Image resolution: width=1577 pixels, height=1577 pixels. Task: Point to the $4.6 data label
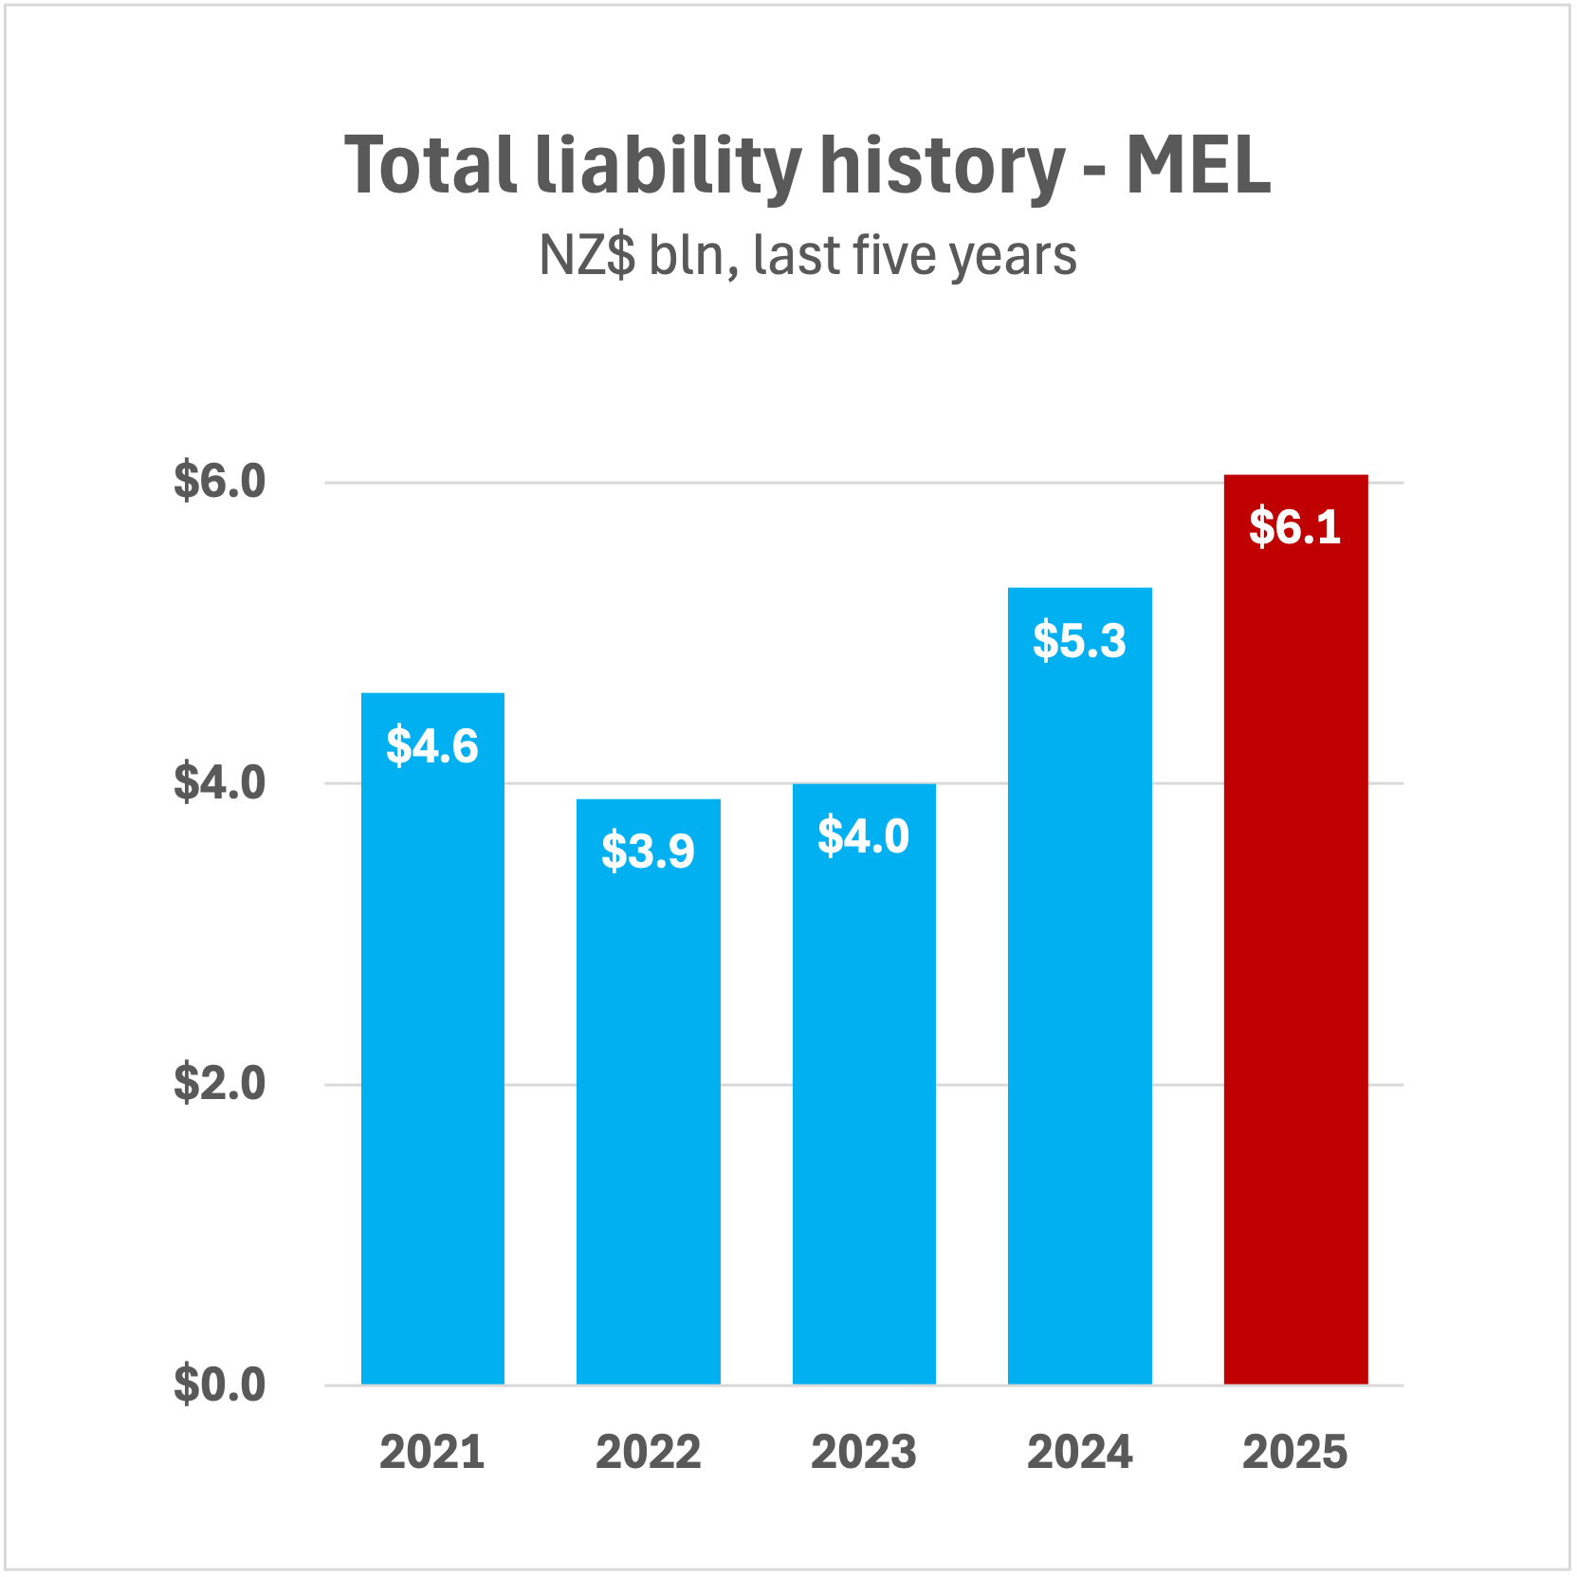432,746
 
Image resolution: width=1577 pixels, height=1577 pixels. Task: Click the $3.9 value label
648,851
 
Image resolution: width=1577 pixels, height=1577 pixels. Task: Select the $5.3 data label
1079,640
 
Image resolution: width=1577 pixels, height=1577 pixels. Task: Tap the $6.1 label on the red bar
1295,527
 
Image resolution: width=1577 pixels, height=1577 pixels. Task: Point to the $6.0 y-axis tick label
219,481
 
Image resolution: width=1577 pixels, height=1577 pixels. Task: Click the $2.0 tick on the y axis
219,1083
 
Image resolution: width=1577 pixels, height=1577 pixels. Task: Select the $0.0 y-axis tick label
219,1384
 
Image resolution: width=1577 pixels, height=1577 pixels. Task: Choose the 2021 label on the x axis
432,1452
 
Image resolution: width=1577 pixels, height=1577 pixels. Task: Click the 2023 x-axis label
864,1452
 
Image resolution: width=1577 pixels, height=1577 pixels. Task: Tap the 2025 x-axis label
1295,1452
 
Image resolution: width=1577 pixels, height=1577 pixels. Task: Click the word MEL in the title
1198,166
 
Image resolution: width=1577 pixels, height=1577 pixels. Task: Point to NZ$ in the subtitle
587,255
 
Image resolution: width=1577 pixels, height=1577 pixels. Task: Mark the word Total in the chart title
431,166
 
